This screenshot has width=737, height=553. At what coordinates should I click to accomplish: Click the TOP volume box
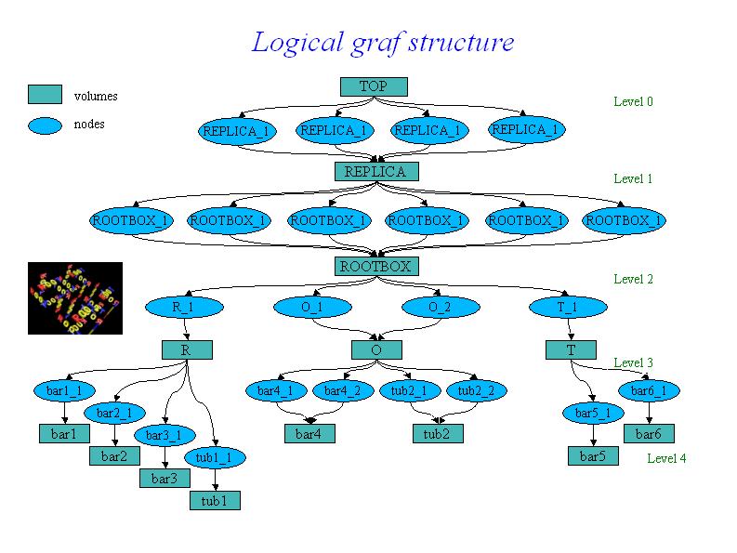coord(373,86)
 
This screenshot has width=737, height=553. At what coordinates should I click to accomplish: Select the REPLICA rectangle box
coord(375,172)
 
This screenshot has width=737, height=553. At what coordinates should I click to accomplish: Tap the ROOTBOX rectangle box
coord(375,267)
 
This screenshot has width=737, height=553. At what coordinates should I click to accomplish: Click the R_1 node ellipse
coord(183,307)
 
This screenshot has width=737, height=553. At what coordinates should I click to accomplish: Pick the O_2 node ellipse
coord(440,307)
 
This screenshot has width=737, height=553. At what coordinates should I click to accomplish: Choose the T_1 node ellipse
coord(568,307)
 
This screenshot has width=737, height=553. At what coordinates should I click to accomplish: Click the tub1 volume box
coord(215,501)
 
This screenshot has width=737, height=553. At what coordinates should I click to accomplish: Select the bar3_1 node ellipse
coord(165,435)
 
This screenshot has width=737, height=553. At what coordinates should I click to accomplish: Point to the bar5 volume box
coord(593,456)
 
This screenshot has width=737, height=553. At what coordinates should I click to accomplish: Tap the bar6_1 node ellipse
coord(649,391)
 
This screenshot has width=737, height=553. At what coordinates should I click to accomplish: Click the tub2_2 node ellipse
coord(477,391)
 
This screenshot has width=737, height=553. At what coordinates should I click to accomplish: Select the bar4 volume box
coord(309,434)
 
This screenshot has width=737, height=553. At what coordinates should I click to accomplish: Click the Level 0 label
coord(633,101)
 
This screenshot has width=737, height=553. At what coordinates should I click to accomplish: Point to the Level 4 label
coord(666,458)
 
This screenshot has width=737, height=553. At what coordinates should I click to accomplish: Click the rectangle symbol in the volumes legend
coord(45,95)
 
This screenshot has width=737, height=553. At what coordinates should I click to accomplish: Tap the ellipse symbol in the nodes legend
coord(45,125)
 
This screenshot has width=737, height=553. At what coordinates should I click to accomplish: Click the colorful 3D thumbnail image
coord(75,297)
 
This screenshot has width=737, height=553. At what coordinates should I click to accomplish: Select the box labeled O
coord(376,350)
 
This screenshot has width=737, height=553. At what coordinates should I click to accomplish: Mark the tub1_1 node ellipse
coord(215,457)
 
